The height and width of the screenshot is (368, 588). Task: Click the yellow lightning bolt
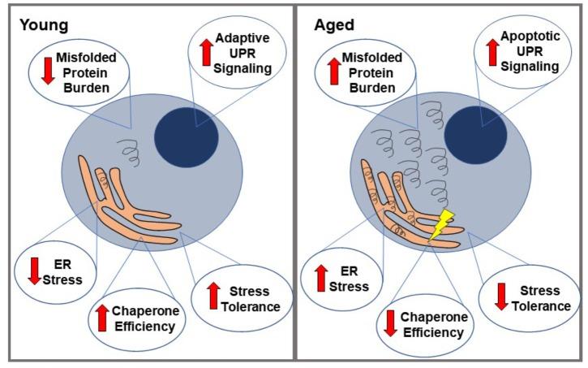click(x=440, y=227)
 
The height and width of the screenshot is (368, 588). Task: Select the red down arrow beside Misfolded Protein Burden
click(x=47, y=70)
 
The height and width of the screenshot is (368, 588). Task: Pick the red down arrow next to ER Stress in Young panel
click(x=34, y=271)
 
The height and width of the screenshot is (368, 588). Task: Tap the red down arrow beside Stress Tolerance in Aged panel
click(x=501, y=297)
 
